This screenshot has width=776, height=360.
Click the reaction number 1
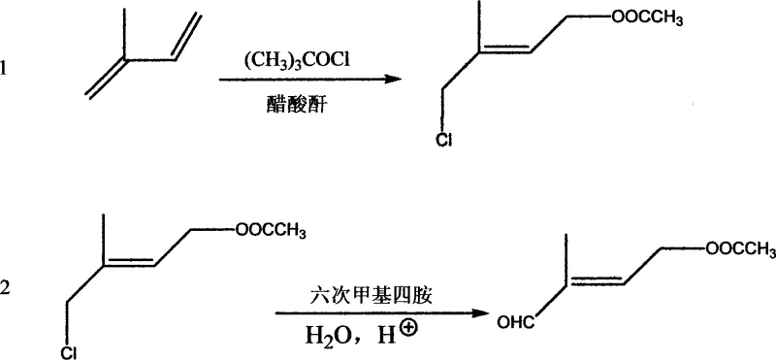tap(7, 68)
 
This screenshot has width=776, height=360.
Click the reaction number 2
tap(7, 288)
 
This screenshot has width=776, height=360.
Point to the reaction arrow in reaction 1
tap(309, 82)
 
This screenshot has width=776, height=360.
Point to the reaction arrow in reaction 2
tap(379, 312)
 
